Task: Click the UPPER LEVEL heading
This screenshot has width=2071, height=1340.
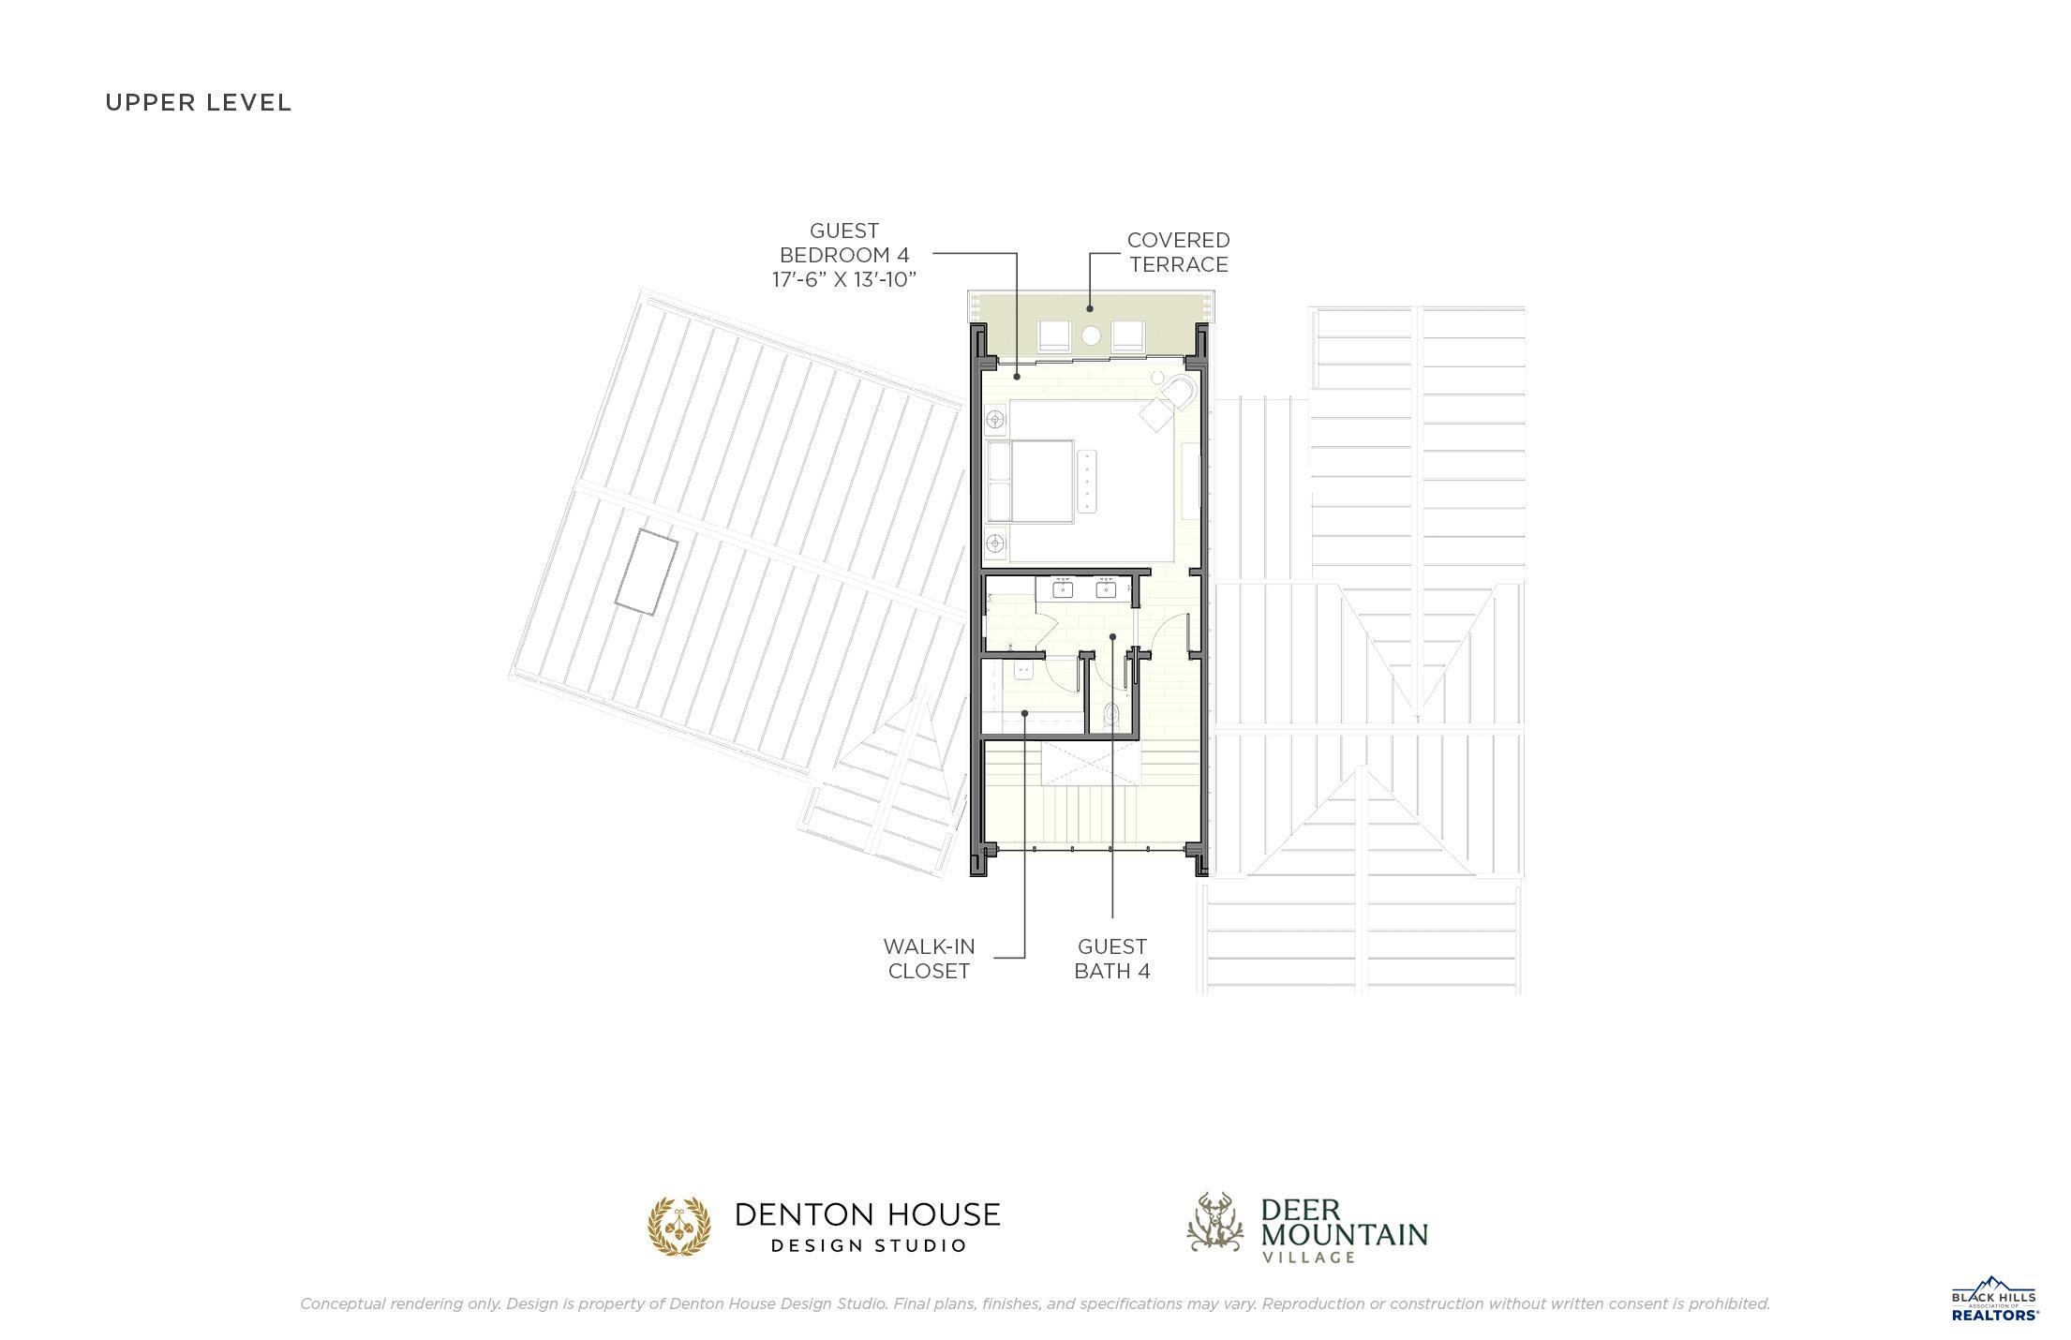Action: [x=199, y=103]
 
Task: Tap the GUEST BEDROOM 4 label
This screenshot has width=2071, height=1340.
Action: [x=843, y=243]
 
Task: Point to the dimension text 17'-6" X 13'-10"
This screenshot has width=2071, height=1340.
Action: [x=843, y=279]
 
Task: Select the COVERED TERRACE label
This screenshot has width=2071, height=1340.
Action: [x=1178, y=252]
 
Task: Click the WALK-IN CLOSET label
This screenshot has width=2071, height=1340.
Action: [x=930, y=959]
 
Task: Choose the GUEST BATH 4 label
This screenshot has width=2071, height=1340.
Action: [x=1112, y=959]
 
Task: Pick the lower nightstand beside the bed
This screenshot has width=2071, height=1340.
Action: [x=995, y=542]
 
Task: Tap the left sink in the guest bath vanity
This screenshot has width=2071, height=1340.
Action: [x=1063, y=589]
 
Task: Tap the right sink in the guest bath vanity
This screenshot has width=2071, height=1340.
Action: [x=1107, y=589]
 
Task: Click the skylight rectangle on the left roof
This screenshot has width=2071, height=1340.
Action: [x=647, y=572]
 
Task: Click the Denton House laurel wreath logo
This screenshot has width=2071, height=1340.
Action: [x=678, y=1226]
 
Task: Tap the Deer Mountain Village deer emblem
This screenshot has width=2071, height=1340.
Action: [x=1214, y=1223]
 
